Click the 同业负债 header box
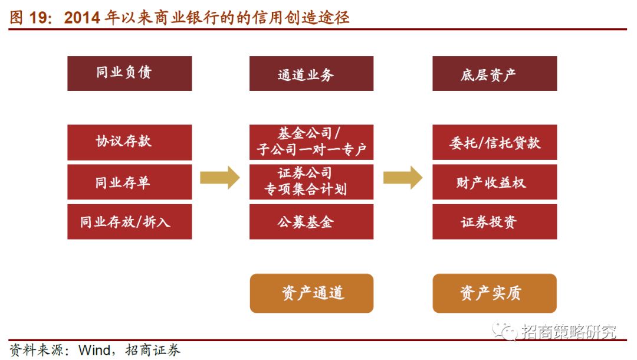[129, 73]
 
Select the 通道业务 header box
[311, 74]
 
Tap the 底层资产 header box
[494, 74]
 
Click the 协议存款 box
[129, 142]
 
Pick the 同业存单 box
[129, 182]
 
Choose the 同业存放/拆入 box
[129, 221]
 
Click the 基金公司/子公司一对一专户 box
[311, 142]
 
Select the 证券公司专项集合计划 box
[311, 182]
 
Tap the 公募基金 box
[311, 221]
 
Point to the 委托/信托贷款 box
[494, 142]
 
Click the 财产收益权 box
[494, 182]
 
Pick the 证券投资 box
[494, 221]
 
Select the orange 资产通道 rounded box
[311, 293]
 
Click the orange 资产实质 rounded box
[494, 293]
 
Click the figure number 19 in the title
[40, 18]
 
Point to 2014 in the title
[82, 18]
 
